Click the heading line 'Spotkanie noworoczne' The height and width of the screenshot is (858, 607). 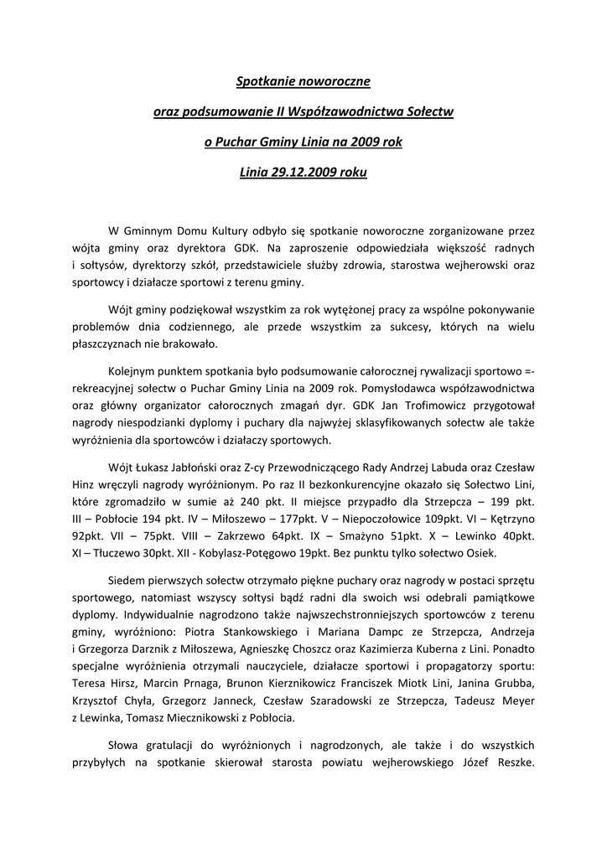tap(303, 83)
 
